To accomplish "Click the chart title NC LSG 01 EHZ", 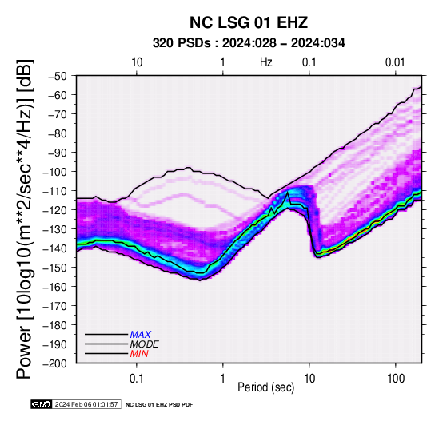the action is [249, 22].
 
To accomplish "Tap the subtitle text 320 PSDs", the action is [182, 43].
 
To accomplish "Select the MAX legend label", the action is [141, 335].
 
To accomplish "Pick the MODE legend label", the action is [145, 344].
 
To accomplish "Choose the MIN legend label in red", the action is [139, 354].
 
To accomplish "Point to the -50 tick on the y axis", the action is [58, 76].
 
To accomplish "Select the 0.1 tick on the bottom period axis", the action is [137, 379].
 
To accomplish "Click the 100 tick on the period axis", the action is [396, 379].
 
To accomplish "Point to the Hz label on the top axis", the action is [265, 62].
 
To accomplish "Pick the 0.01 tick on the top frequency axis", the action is [395, 62].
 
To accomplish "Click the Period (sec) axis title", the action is [265, 387].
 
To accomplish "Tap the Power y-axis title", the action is [25, 219].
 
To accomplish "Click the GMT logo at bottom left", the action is [42, 404].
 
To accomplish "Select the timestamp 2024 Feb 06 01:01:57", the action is [86, 404].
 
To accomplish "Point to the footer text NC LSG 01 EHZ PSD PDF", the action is [159, 405].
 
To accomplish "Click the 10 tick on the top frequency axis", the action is [137, 62].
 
